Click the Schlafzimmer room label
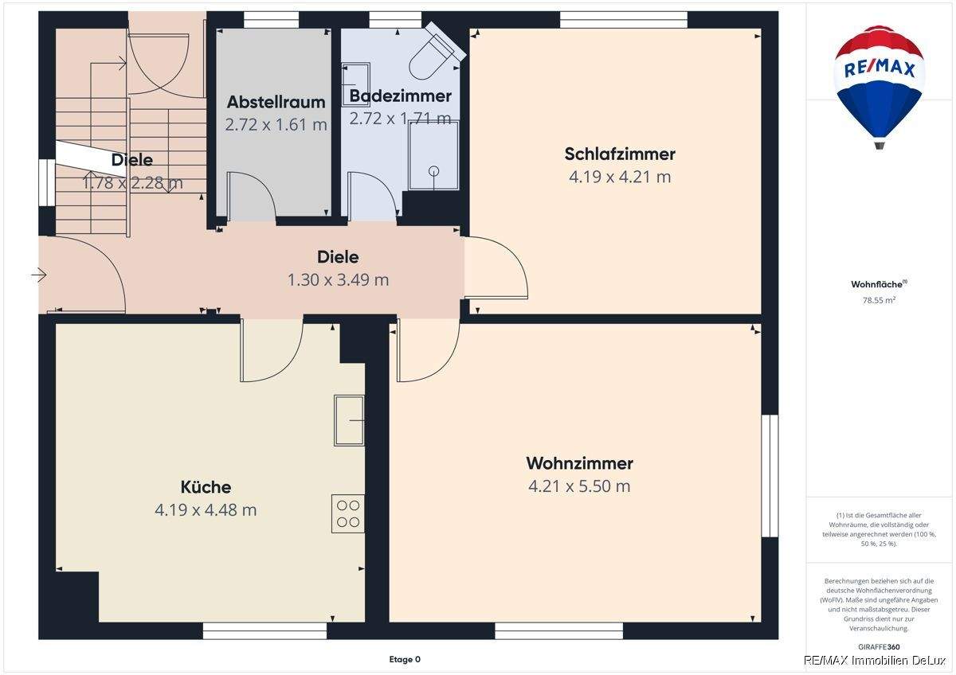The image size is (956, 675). (x=620, y=154)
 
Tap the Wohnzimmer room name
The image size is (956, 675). (x=579, y=463)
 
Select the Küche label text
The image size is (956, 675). (x=206, y=487)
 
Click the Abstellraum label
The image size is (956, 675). (x=276, y=102)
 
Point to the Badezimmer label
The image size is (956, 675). (x=400, y=96)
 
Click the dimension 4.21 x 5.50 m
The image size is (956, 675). (x=579, y=486)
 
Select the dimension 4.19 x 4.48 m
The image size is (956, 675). (x=206, y=509)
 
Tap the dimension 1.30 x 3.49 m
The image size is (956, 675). (x=338, y=279)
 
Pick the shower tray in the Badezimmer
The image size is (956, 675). (x=433, y=156)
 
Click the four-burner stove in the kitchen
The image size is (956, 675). (x=348, y=513)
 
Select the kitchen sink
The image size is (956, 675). (x=349, y=419)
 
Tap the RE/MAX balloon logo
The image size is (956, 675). (x=879, y=84)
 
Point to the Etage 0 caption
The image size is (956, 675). (x=405, y=659)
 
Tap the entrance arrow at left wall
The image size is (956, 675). (x=39, y=275)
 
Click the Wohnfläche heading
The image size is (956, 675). (x=878, y=284)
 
